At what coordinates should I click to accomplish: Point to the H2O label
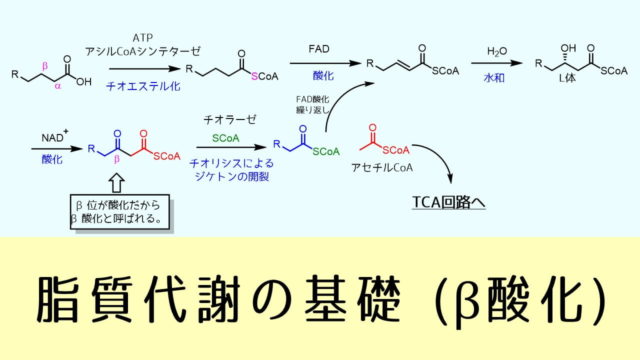pyautogui.click(x=498, y=50)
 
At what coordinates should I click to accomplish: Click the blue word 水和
pyautogui.click(x=498, y=77)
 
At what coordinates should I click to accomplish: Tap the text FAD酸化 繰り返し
pyautogui.click(x=313, y=104)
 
